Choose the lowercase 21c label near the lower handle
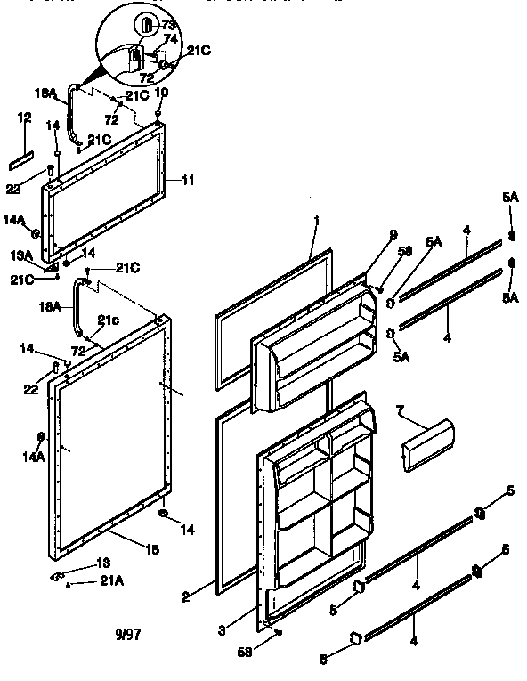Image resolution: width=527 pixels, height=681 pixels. (108, 320)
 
